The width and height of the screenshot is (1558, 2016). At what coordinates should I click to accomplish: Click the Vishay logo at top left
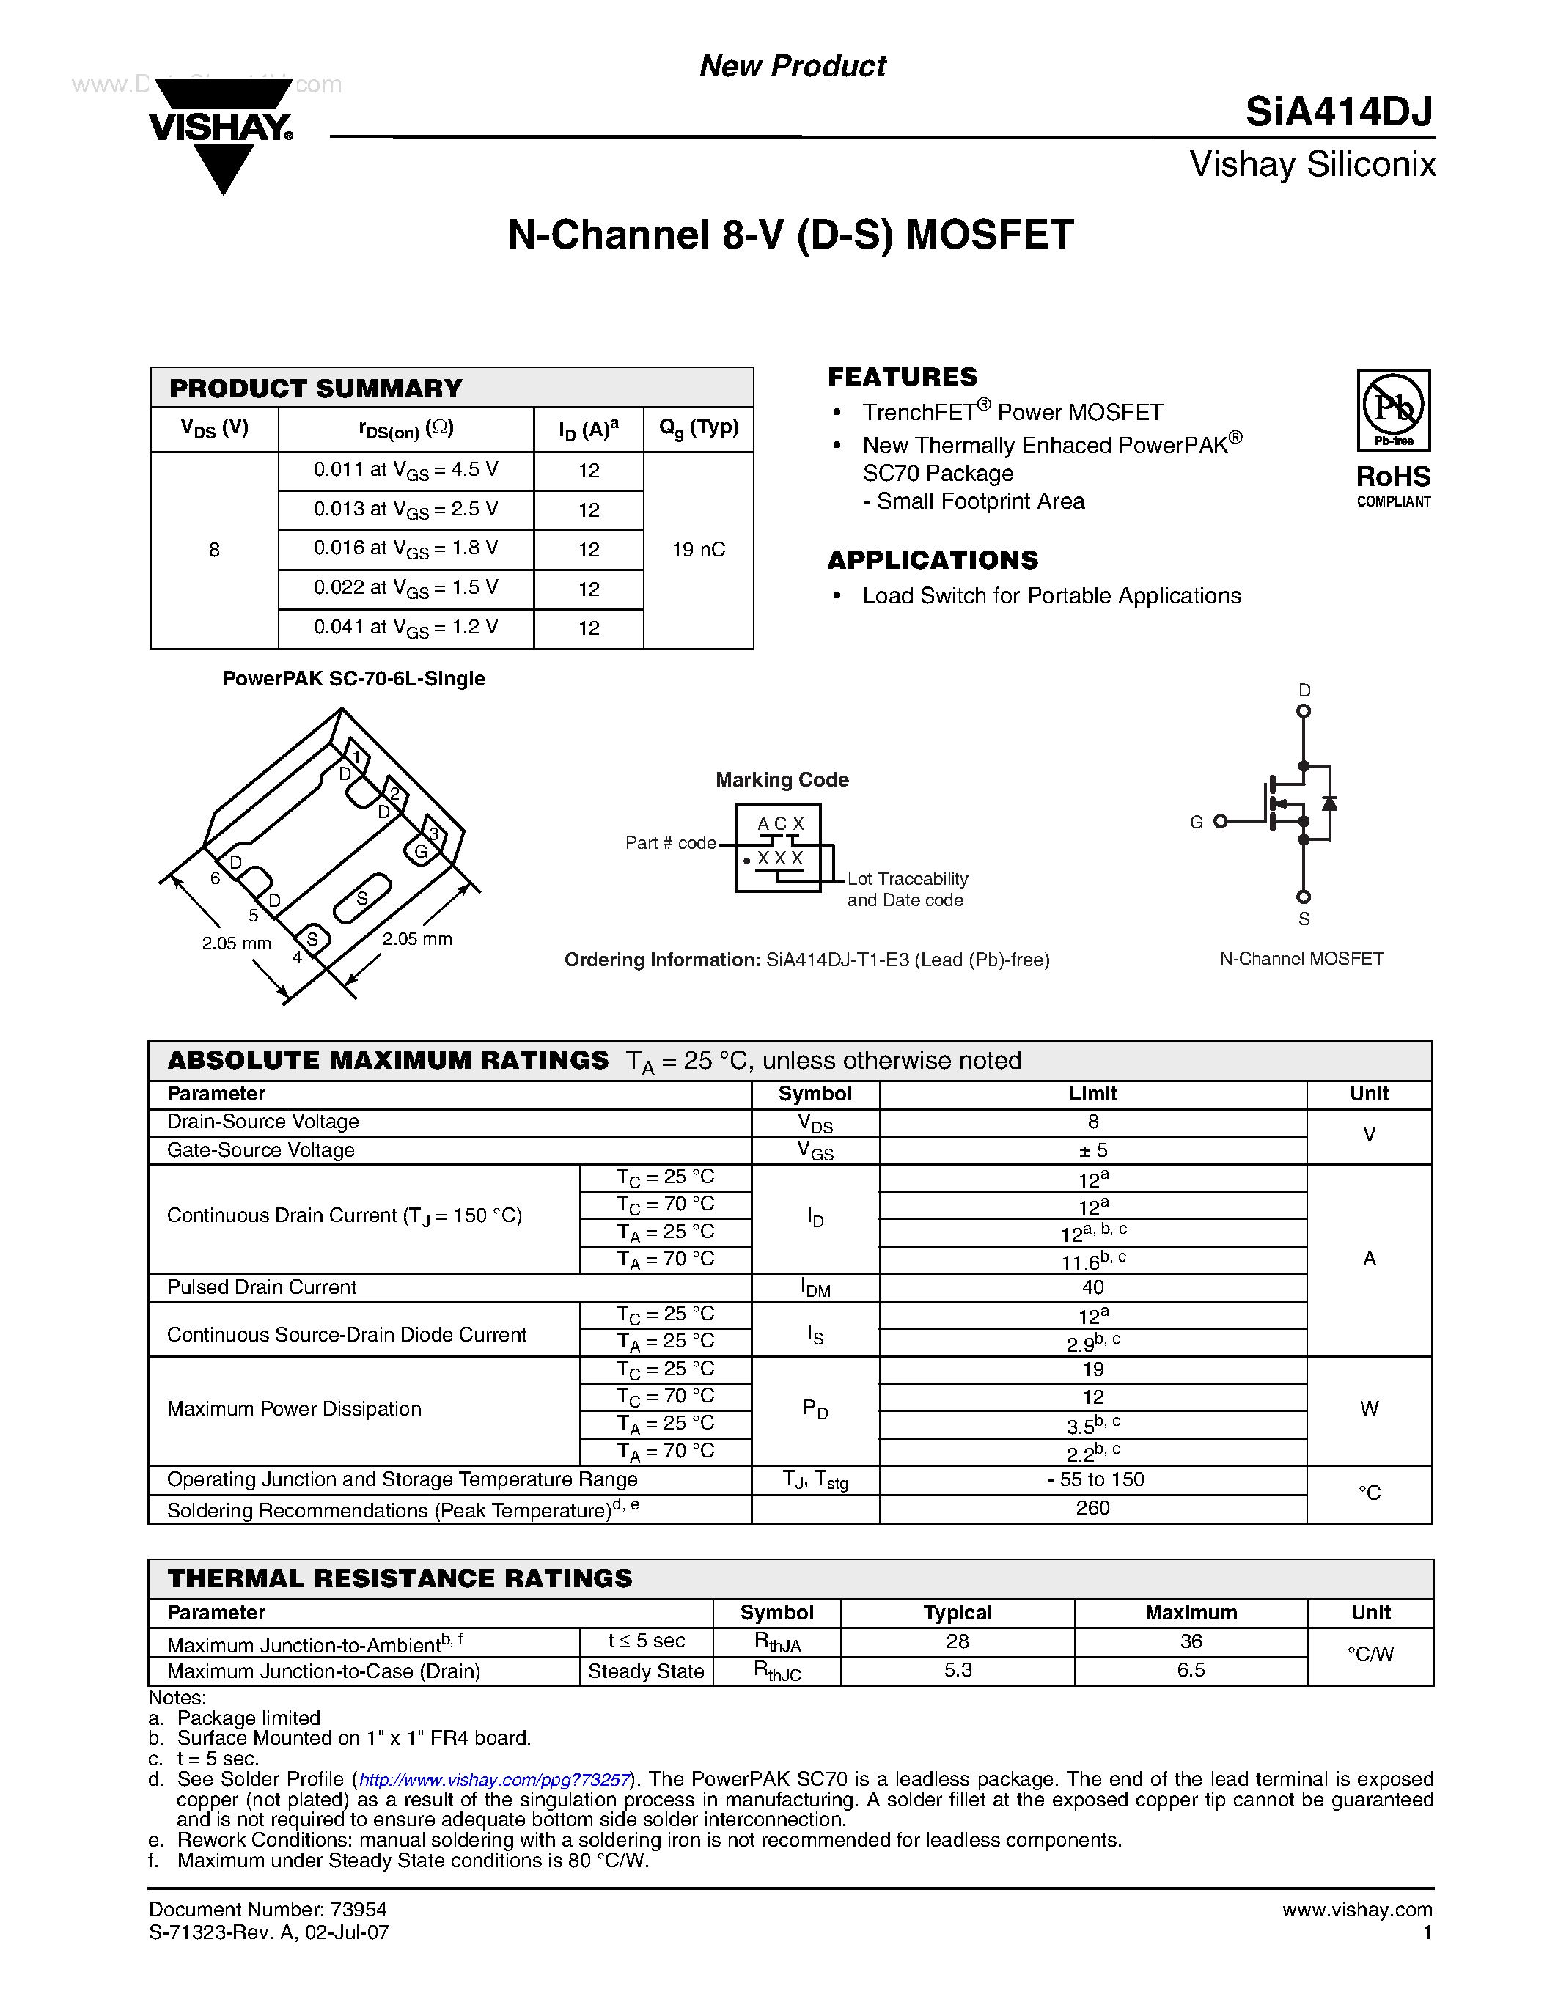click(221, 134)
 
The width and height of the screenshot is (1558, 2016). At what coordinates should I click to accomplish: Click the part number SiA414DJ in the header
click(1338, 113)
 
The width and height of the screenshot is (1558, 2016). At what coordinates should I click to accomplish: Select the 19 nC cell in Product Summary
click(698, 550)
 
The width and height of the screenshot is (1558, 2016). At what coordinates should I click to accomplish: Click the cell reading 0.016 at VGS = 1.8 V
click(405, 549)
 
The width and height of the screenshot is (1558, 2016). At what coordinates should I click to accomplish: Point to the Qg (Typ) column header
click(698, 428)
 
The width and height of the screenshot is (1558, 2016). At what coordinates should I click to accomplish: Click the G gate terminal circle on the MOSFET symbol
click(1220, 820)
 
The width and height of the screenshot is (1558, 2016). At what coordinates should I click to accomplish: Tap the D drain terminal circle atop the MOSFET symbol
click(1304, 711)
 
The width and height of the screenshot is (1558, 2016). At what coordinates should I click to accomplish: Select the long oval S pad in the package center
click(361, 898)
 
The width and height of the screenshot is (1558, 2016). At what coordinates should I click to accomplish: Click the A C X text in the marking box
click(780, 823)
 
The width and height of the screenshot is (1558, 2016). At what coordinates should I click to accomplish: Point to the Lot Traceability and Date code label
click(906, 889)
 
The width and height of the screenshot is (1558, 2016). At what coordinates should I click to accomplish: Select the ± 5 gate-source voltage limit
click(1093, 1150)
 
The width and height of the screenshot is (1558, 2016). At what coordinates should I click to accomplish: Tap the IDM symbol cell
click(815, 1288)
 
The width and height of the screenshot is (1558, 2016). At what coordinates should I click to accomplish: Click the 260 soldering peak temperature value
click(1093, 1507)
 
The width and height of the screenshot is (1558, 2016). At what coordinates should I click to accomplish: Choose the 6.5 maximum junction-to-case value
click(1191, 1670)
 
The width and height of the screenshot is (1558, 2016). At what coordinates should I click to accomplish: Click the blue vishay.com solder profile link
click(494, 1780)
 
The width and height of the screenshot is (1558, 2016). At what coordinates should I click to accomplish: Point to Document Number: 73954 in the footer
click(268, 1909)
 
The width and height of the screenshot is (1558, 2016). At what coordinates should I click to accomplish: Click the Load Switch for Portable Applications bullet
click(1051, 596)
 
